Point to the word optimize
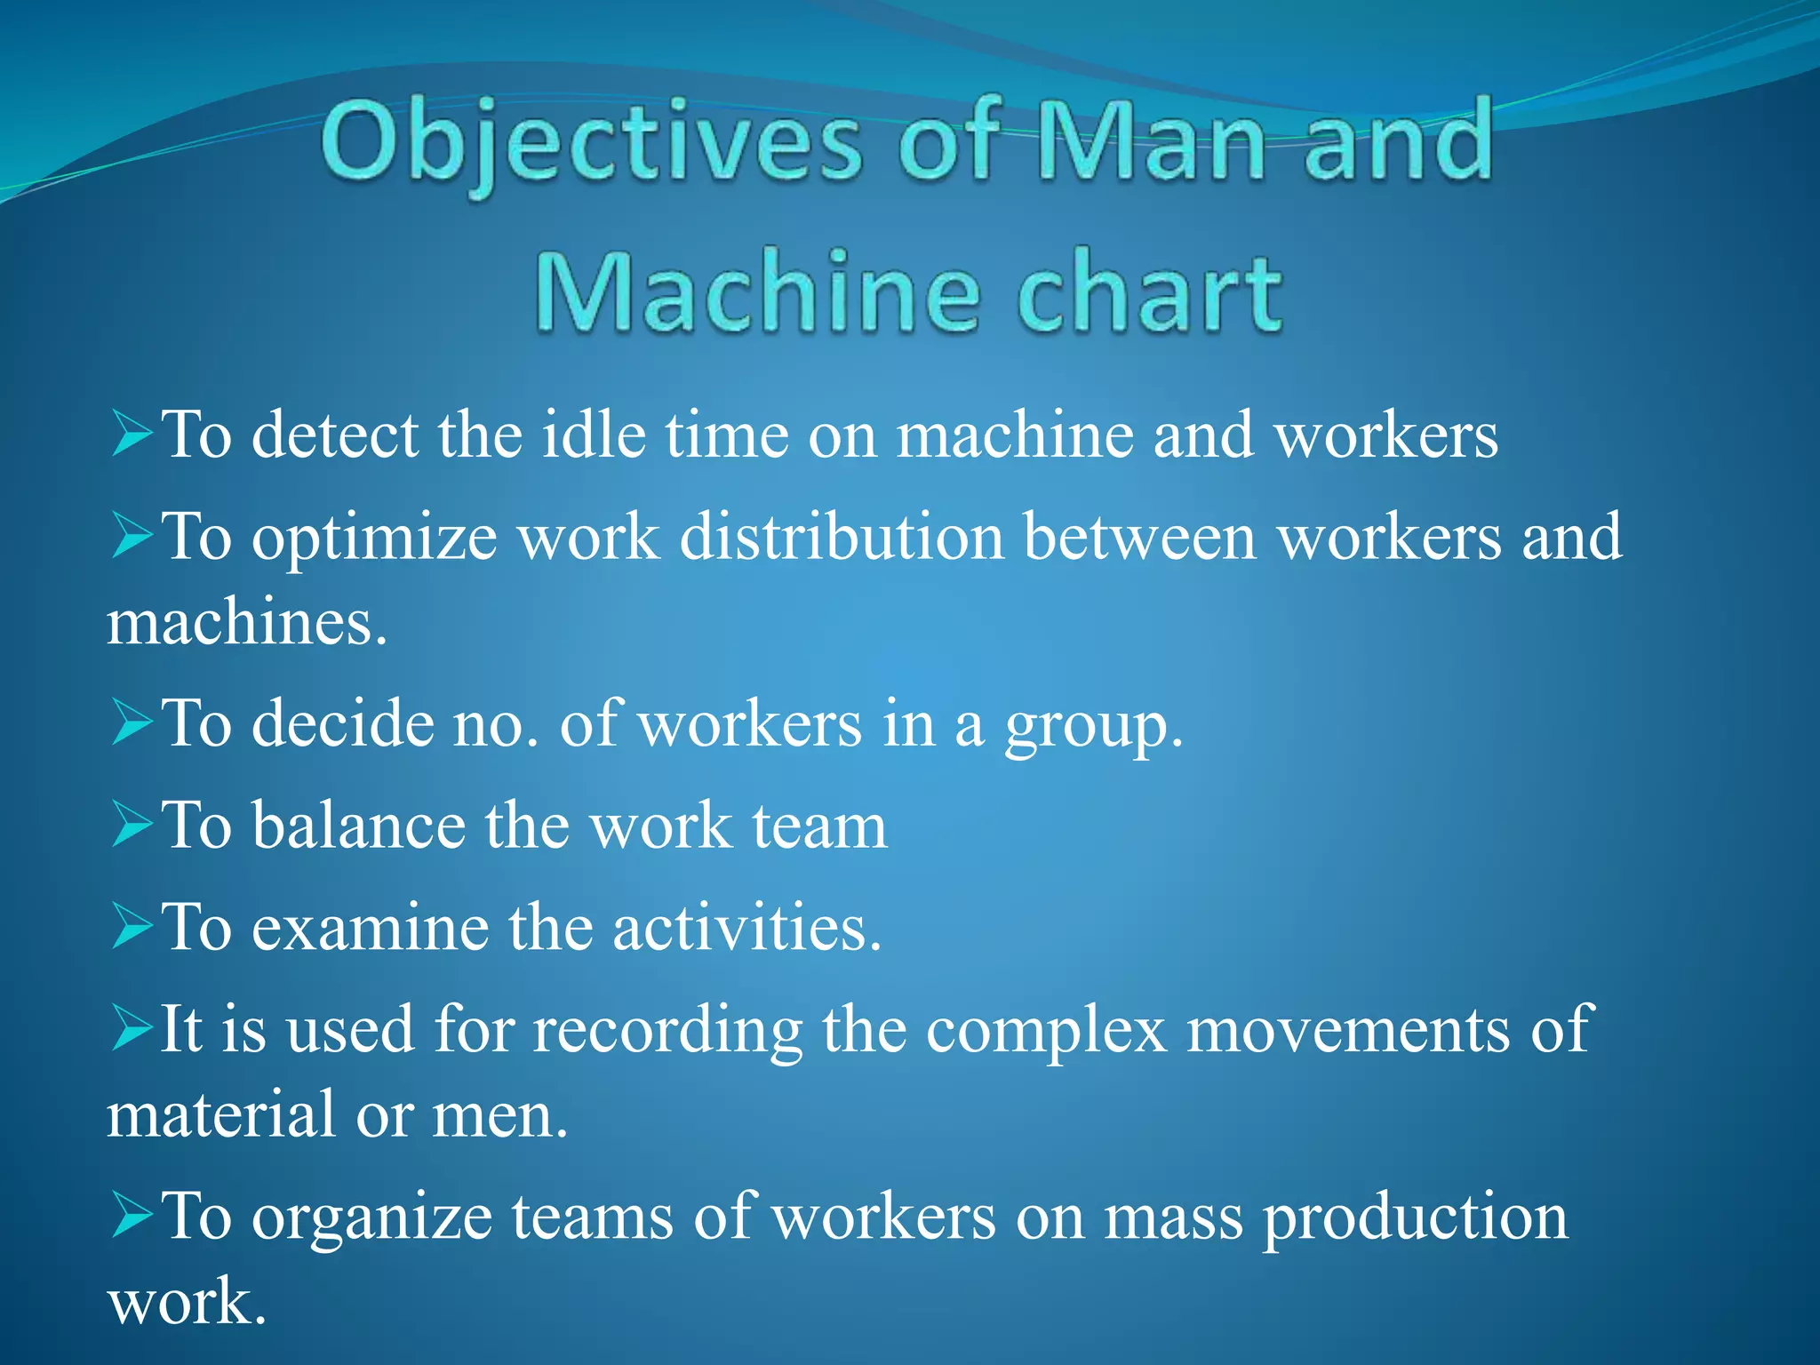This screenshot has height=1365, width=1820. (x=374, y=539)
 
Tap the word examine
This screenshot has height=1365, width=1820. (x=370, y=928)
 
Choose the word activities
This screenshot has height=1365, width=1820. (x=746, y=928)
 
